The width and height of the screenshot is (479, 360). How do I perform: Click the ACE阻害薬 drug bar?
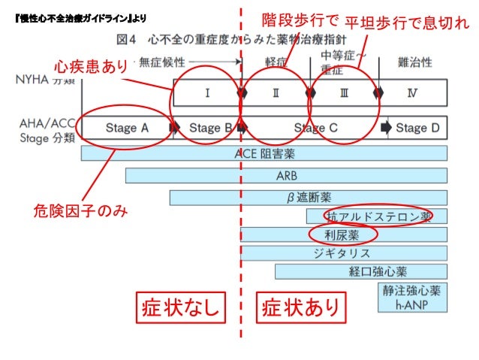tap(264, 153)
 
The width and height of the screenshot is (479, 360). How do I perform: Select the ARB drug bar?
tap(285, 176)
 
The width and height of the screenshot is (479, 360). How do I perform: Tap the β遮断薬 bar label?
tap(309, 198)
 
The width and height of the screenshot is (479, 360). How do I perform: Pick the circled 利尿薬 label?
tap(342, 234)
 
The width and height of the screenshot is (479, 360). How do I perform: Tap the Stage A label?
tap(126, 128)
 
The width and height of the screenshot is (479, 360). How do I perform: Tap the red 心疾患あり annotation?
tap(91, 67)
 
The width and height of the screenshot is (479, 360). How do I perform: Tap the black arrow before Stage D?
tap(386, 127)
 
